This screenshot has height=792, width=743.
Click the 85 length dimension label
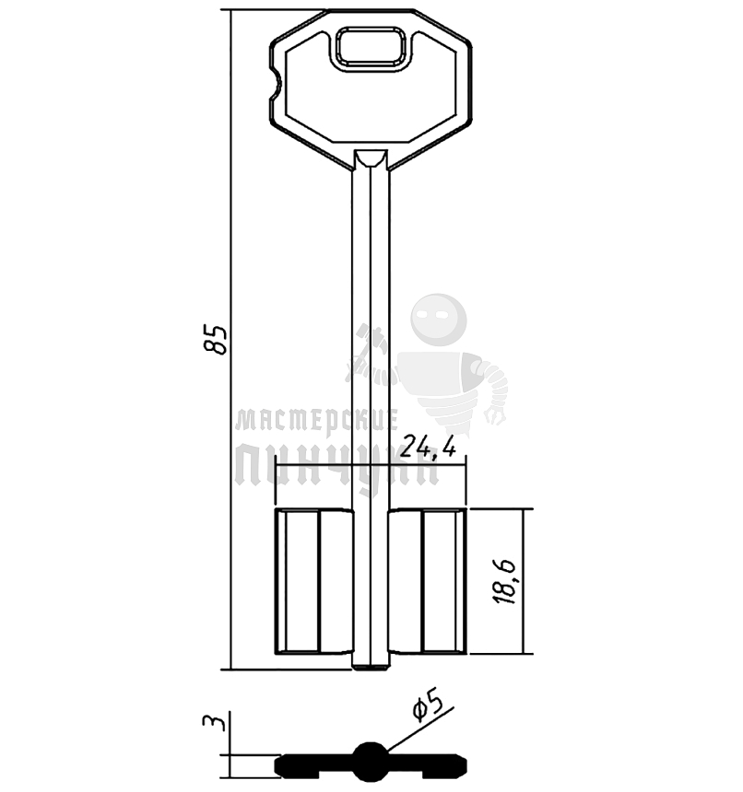216,340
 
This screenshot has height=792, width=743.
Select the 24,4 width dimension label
430,447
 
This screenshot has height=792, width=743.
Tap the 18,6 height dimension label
504,581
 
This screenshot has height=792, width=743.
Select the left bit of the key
313,581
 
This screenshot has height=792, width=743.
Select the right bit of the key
428,581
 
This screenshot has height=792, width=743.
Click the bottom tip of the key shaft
371,669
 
